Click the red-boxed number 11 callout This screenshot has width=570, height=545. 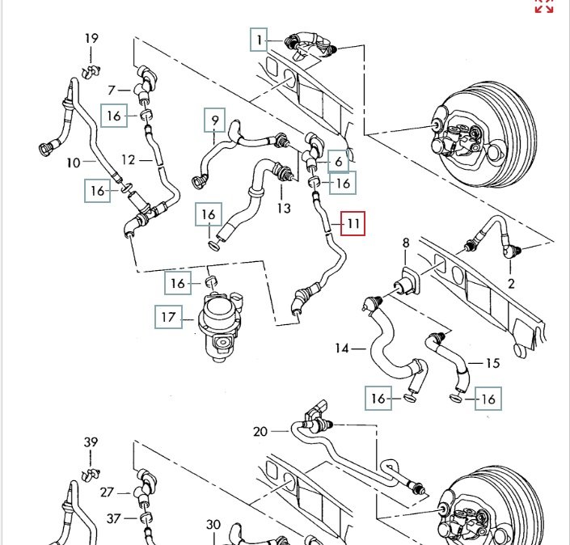[x=353, y=222]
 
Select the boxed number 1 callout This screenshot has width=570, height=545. [x=260, y=39]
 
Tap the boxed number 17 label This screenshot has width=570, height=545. [x=167, y=318]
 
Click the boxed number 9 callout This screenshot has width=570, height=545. [x=215, y=121]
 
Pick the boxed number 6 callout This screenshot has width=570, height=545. [x=338, y=162]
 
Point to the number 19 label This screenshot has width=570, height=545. [x=91, y=39]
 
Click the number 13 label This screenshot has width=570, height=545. [x=284, y=208]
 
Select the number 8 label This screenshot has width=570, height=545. [x=406, y=243]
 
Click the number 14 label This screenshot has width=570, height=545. [x=342, y=349]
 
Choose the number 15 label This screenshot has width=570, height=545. [x=492, y=363]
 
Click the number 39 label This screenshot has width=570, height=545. [x=91, y=441]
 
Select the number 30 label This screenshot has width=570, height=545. [x=213, y=524]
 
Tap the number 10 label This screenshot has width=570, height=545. [x=74, y=163]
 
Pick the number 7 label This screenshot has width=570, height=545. [x=113, y=89]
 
